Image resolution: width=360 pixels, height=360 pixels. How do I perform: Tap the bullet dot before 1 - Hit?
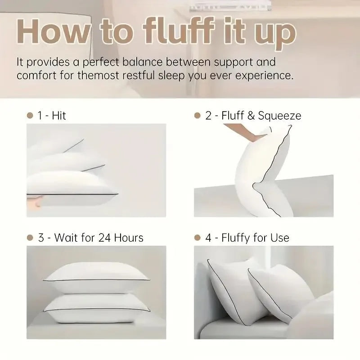coord(30,116)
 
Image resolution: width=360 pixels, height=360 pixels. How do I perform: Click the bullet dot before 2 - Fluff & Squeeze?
coord(197,116)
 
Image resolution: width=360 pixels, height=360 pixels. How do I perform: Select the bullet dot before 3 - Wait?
coord(30,238)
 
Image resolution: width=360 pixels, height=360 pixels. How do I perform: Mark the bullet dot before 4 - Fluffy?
coord(197,238)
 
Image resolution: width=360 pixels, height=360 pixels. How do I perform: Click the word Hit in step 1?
coord(58,116)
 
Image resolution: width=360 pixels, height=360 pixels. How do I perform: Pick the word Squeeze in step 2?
coord(280,116)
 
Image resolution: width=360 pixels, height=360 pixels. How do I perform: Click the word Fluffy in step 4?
coord(238,238)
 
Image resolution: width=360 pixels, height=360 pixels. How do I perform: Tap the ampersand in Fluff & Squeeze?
coord(251,116)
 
